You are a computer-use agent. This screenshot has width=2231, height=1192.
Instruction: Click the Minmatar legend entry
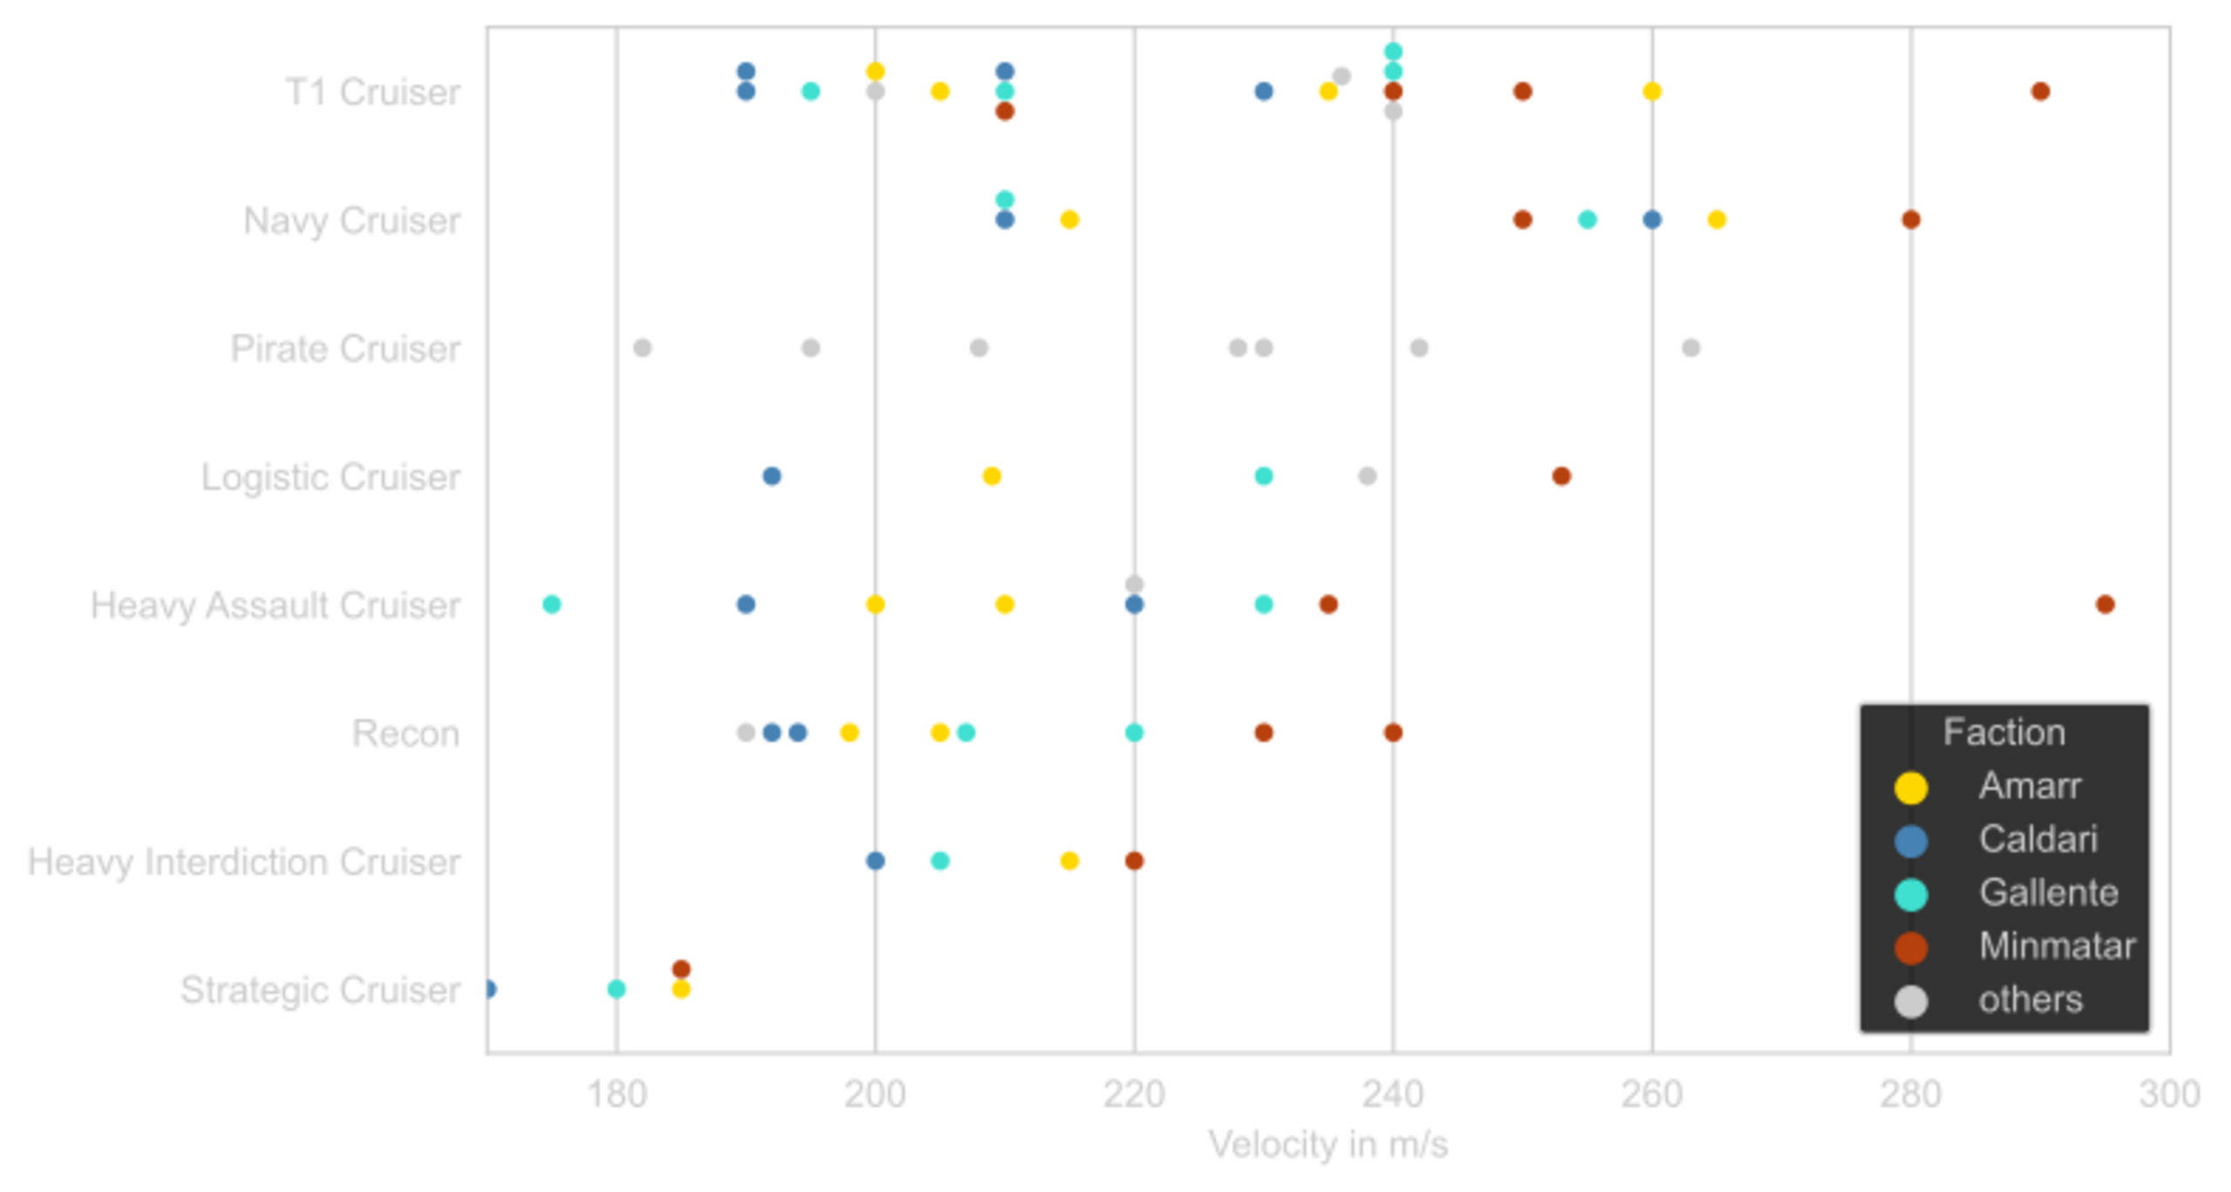point(2057,946)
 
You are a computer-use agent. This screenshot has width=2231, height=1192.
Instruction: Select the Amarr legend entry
point(2030,786)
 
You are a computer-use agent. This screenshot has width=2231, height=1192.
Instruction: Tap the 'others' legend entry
point(2031,1000)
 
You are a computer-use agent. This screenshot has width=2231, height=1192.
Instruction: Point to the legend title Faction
point(2004,733)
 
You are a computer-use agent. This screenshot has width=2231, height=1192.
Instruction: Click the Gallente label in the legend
point(2048,893)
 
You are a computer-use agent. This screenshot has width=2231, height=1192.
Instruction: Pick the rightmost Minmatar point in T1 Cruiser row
point(2040,91)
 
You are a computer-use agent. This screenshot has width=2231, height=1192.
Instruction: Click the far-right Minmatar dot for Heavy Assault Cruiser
point(2105,604)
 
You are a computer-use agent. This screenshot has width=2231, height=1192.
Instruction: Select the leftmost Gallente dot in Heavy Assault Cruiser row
point(552,604)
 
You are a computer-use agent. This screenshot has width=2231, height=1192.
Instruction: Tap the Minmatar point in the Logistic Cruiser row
point(1561,477)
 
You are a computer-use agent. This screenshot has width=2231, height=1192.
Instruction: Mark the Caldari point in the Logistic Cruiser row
point(771,477)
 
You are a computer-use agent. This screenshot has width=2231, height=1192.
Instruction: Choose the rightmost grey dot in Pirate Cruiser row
point(1691,348)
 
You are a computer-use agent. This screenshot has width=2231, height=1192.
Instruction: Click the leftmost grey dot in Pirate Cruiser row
point(641,348)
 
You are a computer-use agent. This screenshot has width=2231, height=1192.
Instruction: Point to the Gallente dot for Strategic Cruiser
point(616,989)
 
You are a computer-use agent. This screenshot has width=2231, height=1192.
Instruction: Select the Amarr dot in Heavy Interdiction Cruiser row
point(1069,861)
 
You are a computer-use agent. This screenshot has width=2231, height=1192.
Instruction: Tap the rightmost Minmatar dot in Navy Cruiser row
point(1910,220)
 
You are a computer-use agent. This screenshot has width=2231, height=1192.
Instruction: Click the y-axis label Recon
point(407,734)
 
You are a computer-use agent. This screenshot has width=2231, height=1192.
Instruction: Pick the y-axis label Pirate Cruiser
point(346,349)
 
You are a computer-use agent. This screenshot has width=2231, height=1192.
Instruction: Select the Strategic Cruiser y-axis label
point(321,991)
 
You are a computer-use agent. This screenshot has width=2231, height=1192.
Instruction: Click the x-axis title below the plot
point(1327,1145)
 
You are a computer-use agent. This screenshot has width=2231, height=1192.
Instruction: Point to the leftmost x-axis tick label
point(618,1094)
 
